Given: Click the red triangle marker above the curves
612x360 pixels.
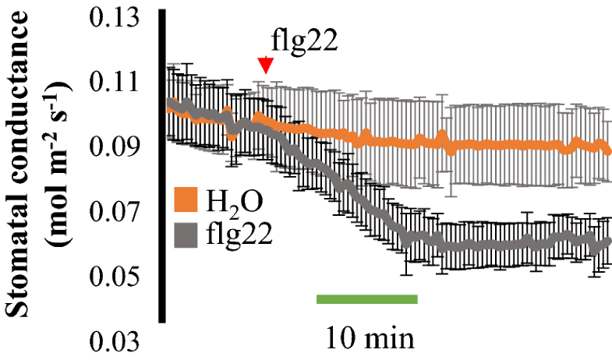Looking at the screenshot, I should [266, 67].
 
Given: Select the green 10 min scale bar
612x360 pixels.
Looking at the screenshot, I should [366, 298].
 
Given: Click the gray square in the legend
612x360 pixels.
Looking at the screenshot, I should [186, 233].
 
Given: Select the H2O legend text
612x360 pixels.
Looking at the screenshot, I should [233, 201].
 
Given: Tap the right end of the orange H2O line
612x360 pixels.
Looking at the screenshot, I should [607, 150].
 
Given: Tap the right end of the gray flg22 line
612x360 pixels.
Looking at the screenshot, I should [607, 242].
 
